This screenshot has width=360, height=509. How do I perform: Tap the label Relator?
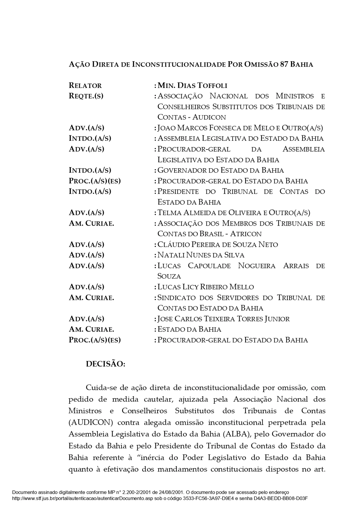85,86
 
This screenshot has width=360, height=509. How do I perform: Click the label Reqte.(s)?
86,96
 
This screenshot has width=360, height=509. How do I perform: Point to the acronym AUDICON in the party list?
209,117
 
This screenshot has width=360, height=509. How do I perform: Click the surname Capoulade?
209,266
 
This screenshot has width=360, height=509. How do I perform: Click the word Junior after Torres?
277,319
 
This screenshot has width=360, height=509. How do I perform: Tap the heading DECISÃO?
105,364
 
